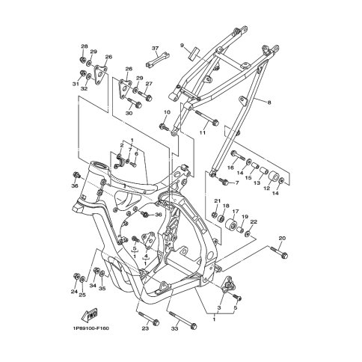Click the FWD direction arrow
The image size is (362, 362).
tap(89, 315)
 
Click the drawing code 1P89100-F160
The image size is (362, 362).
tap(91, 328)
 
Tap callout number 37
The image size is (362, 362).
tap(155, 48)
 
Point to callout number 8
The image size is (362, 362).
tap(269, 102)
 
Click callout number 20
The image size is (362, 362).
tap(282, 239)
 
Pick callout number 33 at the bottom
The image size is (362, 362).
tap(174, 328)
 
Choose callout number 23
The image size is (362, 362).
tap(145, 328)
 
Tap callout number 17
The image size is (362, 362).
tap(236, 212)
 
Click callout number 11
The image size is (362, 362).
tap(202, 132)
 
